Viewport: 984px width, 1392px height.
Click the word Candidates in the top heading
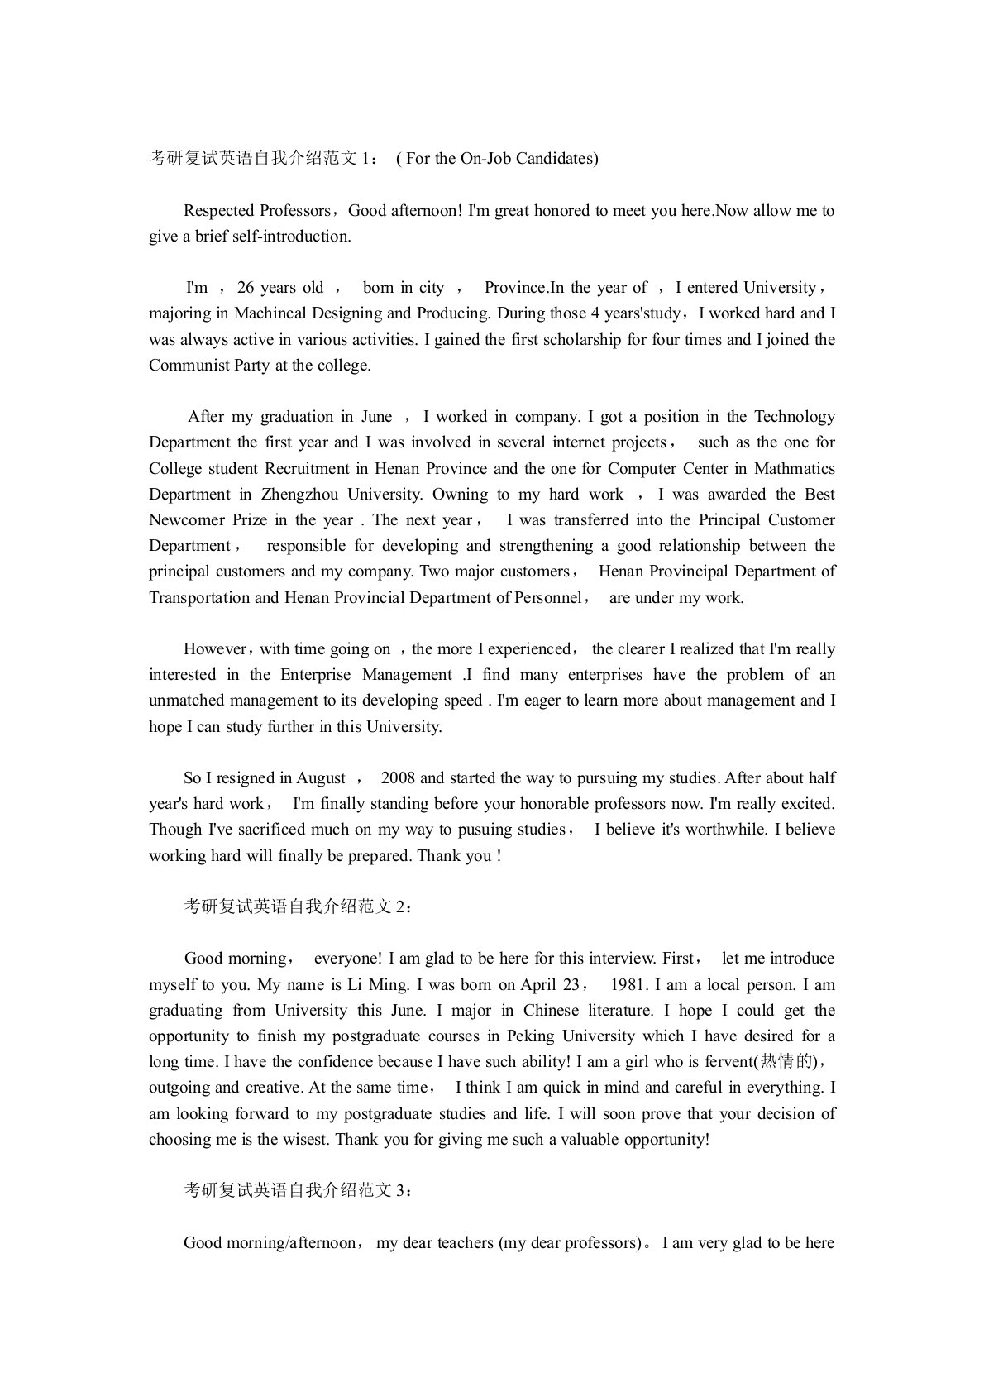click(x=555, y=158)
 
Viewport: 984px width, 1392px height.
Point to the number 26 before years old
click(x=246, y=288)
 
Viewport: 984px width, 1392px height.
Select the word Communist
click(x=188, y=365)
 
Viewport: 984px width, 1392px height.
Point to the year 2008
click(x=399, y=778)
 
